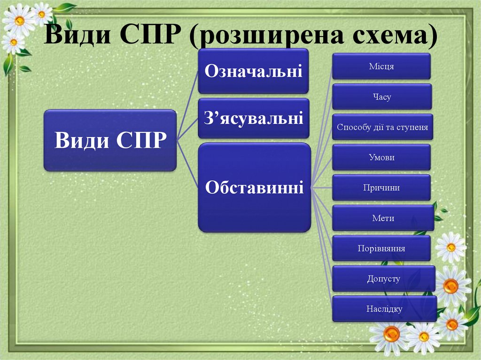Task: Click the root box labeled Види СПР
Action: pos(110,140)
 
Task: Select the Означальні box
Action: pos(253,71)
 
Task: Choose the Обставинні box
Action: pos(254,188)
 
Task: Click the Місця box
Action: pos(381,66)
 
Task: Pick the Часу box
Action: pos(381,97)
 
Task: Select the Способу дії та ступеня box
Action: pos(382,127)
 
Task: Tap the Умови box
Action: pos(381,157)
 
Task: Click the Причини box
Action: pos(381,188)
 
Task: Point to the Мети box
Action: pos(383,218)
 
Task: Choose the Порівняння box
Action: pos(381,248)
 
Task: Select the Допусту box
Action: pos(383,279)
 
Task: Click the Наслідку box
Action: pos(384,309)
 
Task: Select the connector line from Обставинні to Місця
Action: pos(322,127)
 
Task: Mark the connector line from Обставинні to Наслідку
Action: pos(322,248)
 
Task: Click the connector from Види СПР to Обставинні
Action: pos(187,164)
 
